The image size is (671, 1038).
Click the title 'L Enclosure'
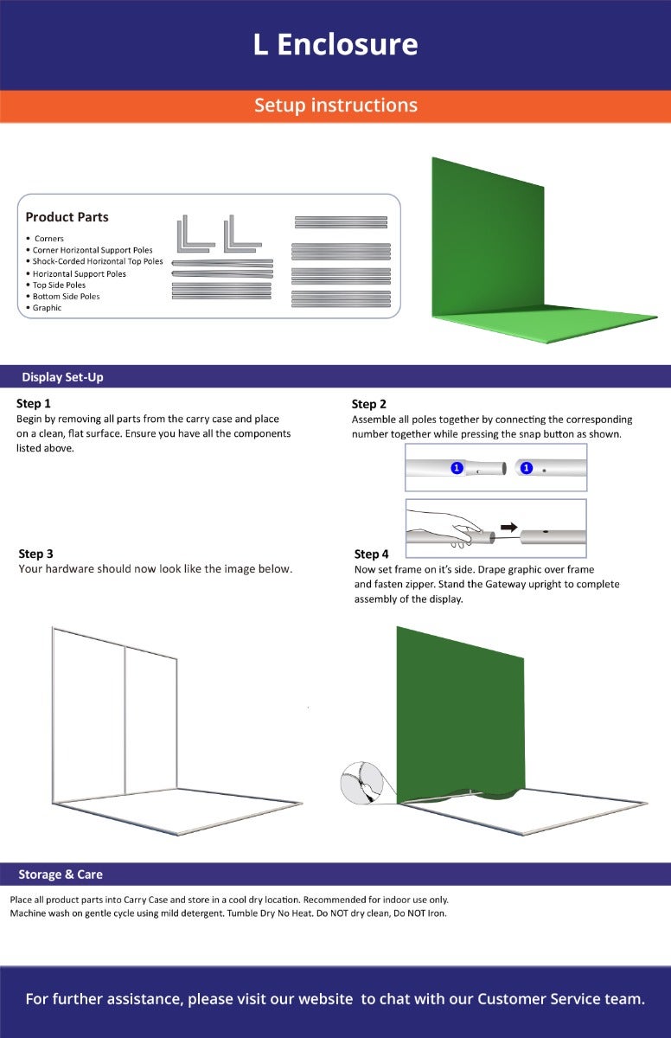335,44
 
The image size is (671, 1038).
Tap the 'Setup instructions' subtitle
335,106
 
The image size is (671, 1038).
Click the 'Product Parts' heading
67,217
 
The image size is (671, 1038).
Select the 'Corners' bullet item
48,239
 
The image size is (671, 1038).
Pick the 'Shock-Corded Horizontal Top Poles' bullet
97,261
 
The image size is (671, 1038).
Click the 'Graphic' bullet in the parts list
47,308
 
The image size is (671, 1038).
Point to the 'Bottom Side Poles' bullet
66,297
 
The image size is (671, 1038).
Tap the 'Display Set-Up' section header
62,377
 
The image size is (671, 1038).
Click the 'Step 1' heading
34,404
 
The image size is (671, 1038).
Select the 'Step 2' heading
368,404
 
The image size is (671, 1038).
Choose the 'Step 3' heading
35,554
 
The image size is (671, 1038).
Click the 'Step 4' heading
372,554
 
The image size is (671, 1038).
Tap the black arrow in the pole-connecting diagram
509,527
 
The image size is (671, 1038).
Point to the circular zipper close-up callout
362,782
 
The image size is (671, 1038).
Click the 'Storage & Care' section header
61,875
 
